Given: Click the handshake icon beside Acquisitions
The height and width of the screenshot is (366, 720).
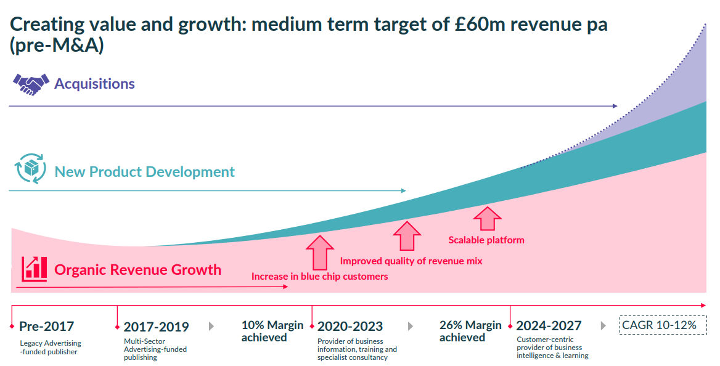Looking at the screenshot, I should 31,84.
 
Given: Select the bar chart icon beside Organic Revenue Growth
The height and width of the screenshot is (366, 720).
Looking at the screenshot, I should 34,269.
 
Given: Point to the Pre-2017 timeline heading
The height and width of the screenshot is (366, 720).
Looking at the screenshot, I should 46,326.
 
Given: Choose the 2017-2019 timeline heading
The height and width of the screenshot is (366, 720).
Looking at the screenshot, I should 156,327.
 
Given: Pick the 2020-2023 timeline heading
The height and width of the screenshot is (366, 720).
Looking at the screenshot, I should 350,326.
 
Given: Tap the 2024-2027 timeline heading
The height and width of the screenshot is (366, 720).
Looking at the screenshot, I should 549,325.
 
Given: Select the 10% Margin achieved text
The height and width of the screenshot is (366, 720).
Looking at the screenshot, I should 272,331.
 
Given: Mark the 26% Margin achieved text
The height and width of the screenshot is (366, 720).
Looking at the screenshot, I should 470,331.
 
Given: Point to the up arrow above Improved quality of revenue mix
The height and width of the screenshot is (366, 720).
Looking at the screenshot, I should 407,235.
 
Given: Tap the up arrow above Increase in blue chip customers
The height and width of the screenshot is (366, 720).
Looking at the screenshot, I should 319,253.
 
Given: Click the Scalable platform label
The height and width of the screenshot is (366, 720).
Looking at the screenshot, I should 486,240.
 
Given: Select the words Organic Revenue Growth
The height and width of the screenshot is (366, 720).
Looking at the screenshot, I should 137,269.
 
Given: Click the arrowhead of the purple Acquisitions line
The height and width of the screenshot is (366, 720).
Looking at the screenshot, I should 615,106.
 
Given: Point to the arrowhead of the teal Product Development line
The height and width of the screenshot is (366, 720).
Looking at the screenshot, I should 403,190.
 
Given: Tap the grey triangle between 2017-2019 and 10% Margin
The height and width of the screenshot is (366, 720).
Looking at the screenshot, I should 211,327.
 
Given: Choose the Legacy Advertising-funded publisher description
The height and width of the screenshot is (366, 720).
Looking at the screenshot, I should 50,348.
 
